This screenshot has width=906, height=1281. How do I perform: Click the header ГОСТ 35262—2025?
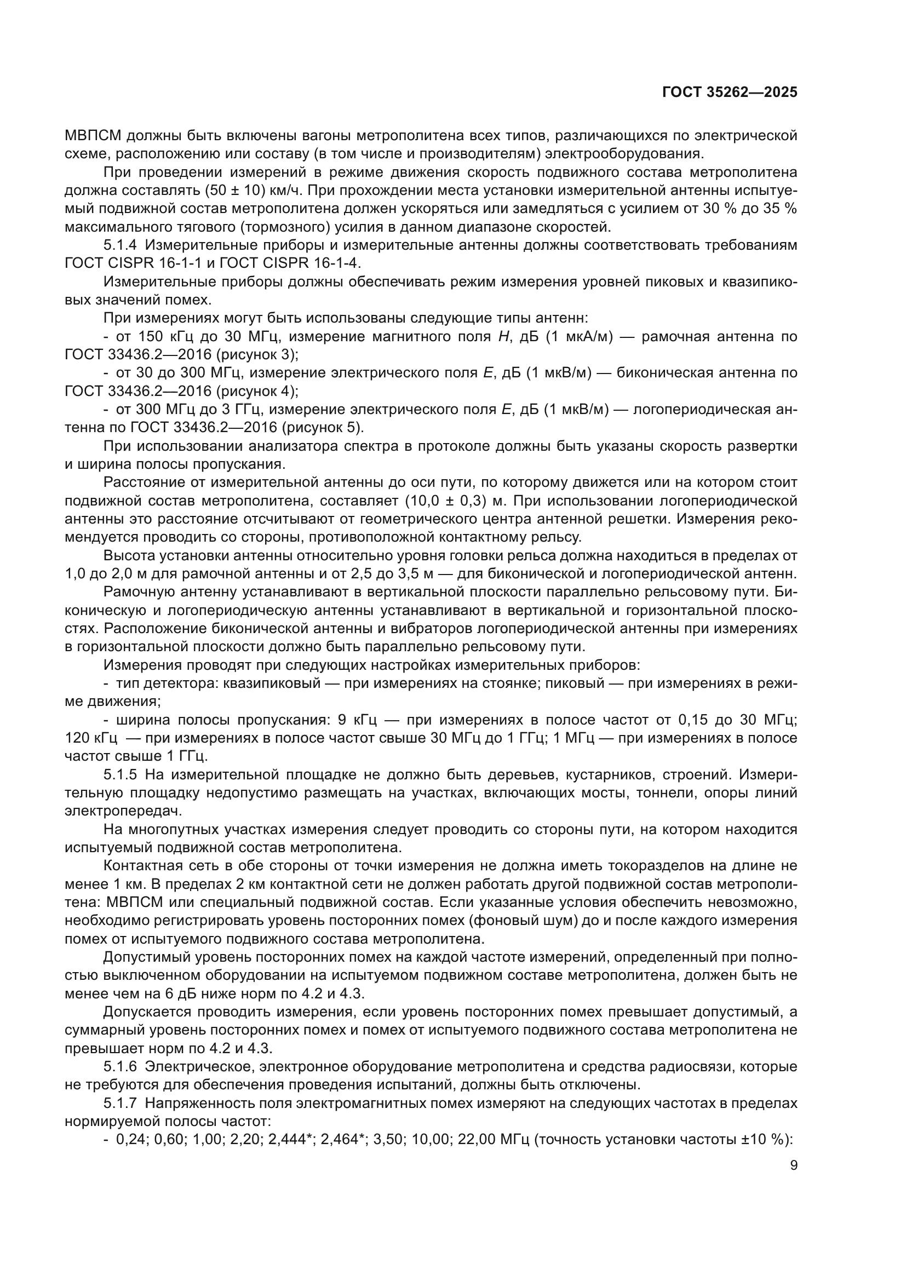point(730,93)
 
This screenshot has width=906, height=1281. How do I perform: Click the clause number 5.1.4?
point(120,245)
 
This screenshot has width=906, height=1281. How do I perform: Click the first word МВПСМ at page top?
point(93,136)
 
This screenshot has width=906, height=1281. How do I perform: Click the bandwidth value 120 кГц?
point(91,738)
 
